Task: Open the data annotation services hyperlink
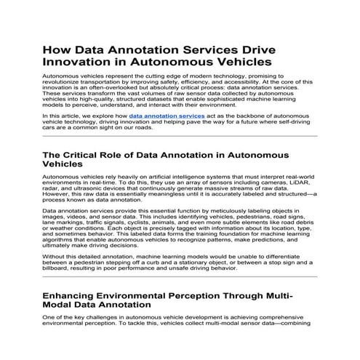tap(167, 116)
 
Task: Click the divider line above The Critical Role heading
tap(180, 136)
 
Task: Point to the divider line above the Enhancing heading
tap(180, 277)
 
